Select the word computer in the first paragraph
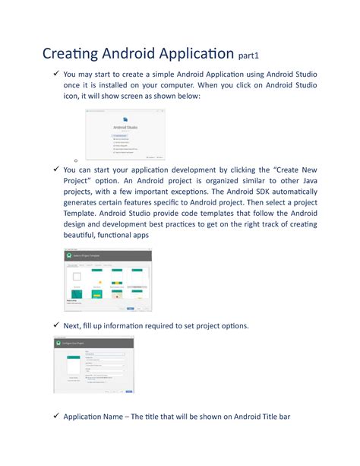point(183,87)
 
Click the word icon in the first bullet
point(73,100)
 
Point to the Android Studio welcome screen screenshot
point(126,135)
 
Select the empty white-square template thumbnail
point(76,278)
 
